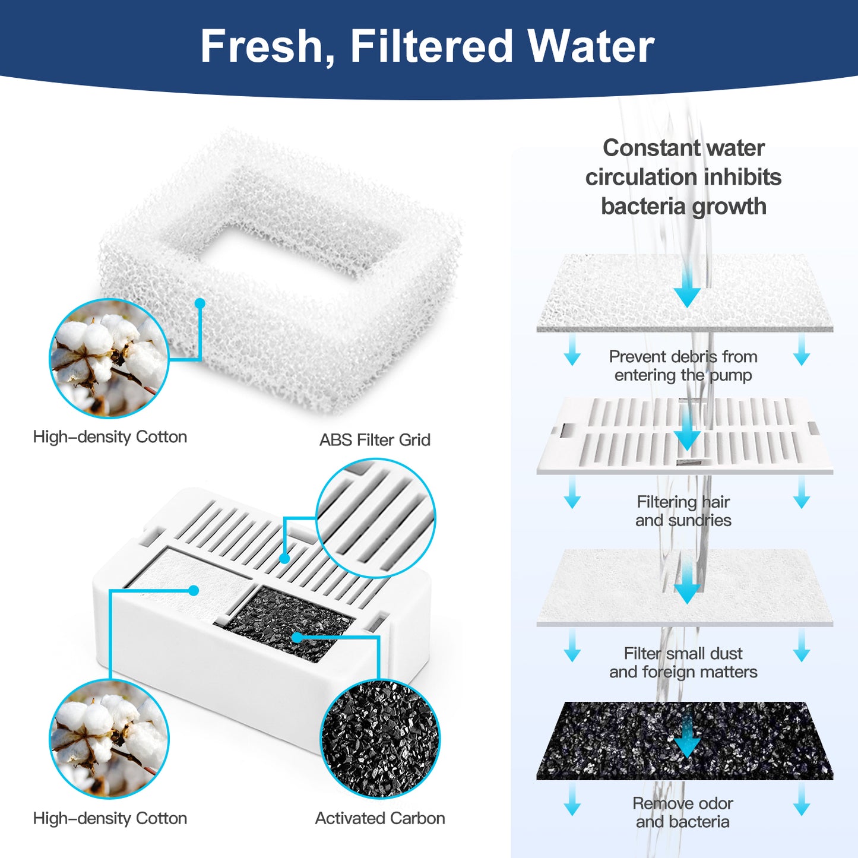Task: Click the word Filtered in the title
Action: click(431, 46)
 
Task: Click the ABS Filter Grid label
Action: click(375, 440)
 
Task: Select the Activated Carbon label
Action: click(380, 818)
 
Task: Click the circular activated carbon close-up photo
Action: click(380, 739)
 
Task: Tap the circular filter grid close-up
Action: click(376, 518)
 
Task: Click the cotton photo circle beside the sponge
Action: click(109, 359)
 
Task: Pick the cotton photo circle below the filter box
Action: click(109, 739)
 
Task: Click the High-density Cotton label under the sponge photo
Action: click(110, 437)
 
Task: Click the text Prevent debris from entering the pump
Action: click(683, 366)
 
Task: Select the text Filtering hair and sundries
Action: click(683, 511)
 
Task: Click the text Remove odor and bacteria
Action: click(683, 812)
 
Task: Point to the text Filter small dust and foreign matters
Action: click(683, 663)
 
